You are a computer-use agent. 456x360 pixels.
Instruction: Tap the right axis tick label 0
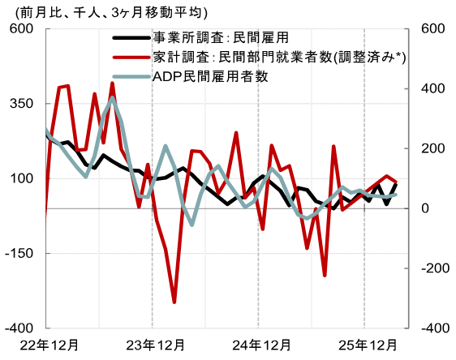point(426,208)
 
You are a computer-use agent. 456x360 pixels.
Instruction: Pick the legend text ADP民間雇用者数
point(209,76)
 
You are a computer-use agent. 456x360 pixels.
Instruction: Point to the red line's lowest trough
point(174,302)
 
